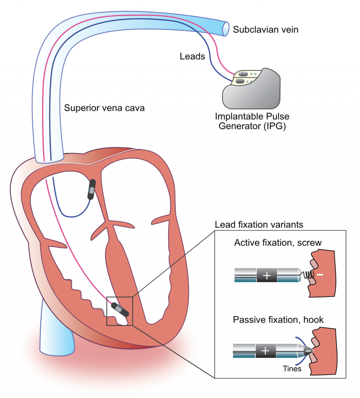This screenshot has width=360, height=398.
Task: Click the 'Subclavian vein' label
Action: pos(266,29)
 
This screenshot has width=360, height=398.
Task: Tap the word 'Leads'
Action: pos(192,56)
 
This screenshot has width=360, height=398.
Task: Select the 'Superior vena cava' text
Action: pos(104,108)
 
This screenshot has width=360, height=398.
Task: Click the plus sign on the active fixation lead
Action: pos(267,276)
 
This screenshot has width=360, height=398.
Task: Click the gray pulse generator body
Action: pos(262,94)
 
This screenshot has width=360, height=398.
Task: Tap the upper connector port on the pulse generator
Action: pos(243,74)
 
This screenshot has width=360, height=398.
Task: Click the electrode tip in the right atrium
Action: pos(92,189)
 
